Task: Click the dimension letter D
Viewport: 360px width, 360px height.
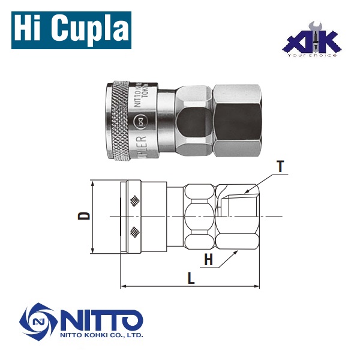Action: point(86,215)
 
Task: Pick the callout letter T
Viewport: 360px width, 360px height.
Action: point(280,167)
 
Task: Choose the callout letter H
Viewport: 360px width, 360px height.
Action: point(208,260)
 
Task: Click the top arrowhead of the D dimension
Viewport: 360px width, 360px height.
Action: point(94,182)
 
